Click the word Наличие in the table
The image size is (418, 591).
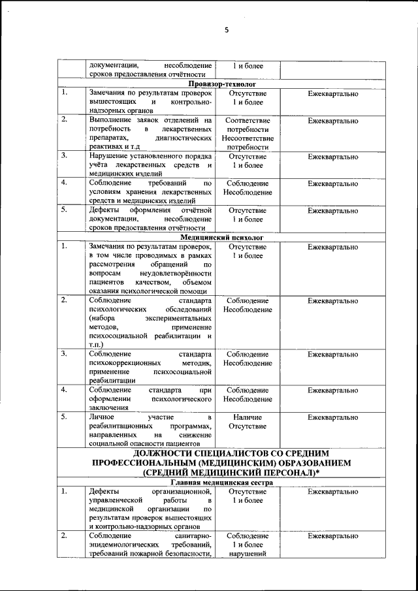pyautogui.click(x=248, y=417)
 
